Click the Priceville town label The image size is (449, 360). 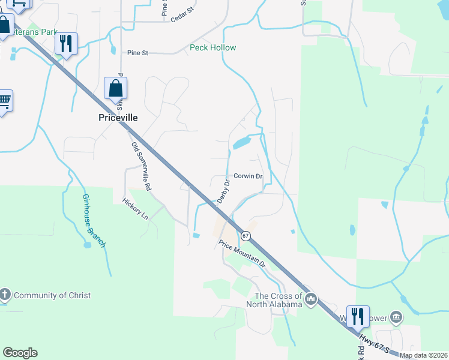click(x=118, y=118)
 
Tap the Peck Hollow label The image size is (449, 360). click(x=212, y=47)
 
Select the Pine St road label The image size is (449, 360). click(x=137, y=53)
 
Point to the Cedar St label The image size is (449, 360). click(x=182, y=14)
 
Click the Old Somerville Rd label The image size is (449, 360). click(x=142, y=166)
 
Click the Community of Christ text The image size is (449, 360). click(x=52, y=295)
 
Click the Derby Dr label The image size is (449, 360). click(x=223, y=191)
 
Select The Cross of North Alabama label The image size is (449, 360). click(x=278, y=300)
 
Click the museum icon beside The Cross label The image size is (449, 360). click(x=310, y=298)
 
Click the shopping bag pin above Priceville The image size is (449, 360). click(x=115, y=89)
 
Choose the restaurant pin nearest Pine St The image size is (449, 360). click(x=66, y=43)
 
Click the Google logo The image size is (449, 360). click(x=20, y=353)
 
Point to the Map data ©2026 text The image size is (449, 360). click(x=423, y=355)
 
